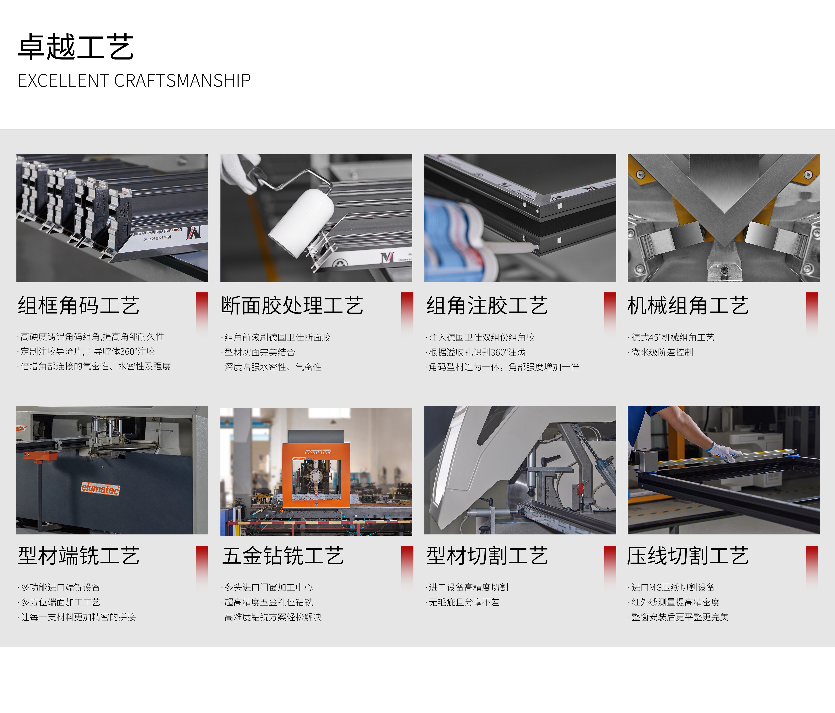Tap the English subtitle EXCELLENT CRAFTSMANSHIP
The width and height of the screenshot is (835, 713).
point(134,81)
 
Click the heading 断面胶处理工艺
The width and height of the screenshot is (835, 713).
point(292,305)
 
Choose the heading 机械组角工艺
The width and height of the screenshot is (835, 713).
point(688,305)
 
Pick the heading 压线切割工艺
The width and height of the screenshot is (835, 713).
point(688,556)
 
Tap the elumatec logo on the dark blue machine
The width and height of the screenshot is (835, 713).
point(100,489)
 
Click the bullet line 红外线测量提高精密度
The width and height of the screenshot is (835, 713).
point(674,602)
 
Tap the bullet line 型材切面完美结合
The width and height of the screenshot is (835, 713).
point(258,352)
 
